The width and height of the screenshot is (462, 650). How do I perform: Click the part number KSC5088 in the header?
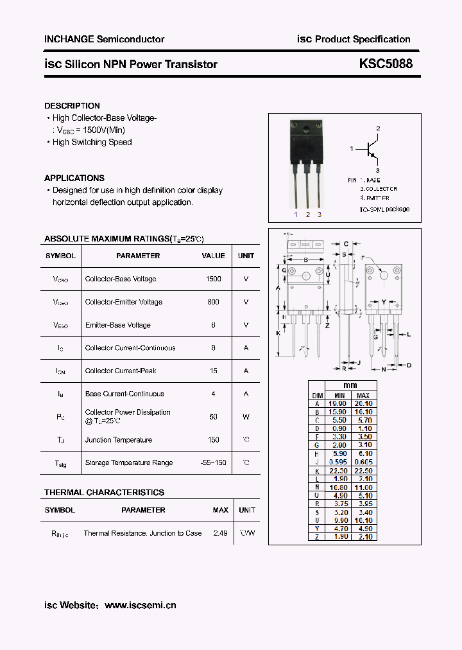click(x=386, y=64)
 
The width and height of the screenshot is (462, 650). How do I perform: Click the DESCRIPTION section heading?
click(x=72, y=105)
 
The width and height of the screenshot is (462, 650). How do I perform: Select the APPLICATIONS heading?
click(x=74, y=178)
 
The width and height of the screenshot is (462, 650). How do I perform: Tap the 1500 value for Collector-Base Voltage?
click(x=214, y=279)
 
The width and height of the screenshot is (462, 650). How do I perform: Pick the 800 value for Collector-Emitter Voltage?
click(x=214, y=302)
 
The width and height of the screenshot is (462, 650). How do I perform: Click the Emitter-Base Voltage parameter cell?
click(x=117, y=325)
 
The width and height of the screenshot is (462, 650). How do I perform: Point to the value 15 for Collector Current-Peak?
click(x=214, y=371)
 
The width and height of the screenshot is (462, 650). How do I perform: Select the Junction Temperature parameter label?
click(x=119, y=440)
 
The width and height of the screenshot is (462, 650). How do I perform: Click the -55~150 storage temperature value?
click(x=213, y=462)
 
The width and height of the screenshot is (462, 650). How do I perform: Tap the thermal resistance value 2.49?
click(x=220, y=533)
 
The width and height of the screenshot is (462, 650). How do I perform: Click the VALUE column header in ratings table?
click(x=214, y=256)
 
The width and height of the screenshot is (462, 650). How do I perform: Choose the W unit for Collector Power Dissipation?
click(x=246, y=417)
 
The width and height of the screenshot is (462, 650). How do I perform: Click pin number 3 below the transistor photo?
click(x=320, y=215)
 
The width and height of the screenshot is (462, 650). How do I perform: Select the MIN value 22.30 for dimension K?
click(x=338, y=470)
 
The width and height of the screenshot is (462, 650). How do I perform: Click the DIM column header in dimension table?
click(x=317, y=395)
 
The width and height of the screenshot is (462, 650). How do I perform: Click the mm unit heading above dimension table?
click(x=350, y=387)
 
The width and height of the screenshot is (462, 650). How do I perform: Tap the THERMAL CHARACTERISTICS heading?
click(x=104, y=493)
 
